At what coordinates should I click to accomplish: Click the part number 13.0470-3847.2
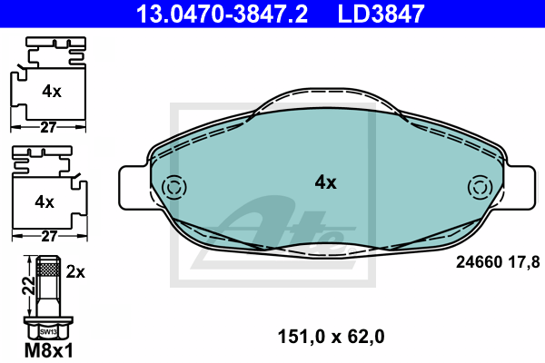(x=223, y=14)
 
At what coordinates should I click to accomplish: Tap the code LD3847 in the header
(x=381, y=14)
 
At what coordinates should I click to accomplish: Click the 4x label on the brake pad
(x=326, y=182)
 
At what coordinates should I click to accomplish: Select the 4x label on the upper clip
(x=52, y=92)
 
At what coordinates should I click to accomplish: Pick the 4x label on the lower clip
(x=45, y=201)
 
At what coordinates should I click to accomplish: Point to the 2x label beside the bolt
(x=75, y=271)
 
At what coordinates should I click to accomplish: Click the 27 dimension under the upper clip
(x=48, y=127)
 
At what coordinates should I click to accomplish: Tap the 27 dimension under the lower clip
(x=49, y=237)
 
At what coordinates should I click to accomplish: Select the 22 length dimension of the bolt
(x=29, y=286)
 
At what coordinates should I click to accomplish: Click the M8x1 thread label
(x=49, y=350)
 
